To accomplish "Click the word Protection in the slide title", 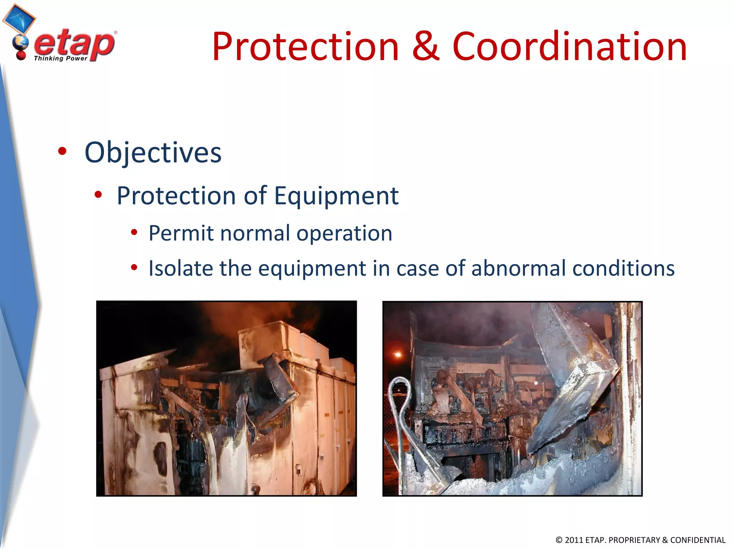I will coord(305,46).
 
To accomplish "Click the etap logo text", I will coord(74,44).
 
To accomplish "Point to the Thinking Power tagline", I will coord(60,58).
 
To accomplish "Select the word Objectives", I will coord(153,153).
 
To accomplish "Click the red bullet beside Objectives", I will coord(62,151).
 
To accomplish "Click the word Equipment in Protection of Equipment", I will coord(336,196).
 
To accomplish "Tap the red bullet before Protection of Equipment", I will coord(98,195).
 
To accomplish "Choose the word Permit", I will coord(181,233).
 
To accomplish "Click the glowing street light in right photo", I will coord(398,355).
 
